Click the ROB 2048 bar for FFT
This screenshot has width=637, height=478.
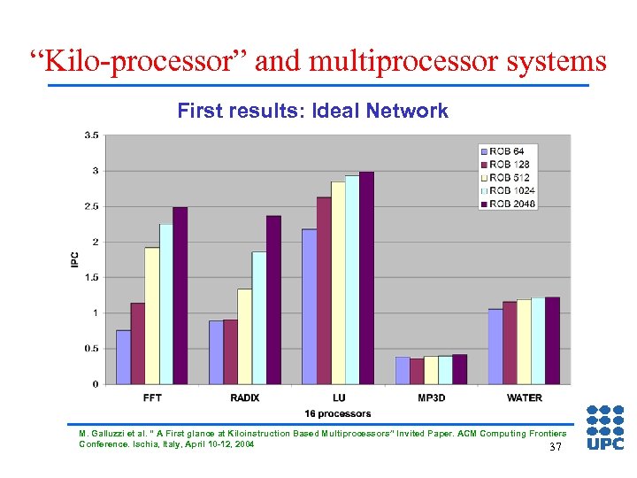point(180,296)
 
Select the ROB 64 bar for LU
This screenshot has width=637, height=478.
point(310,306)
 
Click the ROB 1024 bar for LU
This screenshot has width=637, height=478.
point(352,280)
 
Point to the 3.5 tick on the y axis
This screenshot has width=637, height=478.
point(91,135)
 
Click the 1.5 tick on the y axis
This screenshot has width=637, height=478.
point(91,277)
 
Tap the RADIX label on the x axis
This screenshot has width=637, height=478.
point(245,397)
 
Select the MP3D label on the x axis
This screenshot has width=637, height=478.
point(433,397)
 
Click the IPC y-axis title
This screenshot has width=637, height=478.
point(75,259)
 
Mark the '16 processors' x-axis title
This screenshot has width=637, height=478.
point(338,413)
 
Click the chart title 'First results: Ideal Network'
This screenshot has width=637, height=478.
point(312,111)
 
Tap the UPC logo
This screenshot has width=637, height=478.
point(605,428)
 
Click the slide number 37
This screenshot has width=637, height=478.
point(556,447)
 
